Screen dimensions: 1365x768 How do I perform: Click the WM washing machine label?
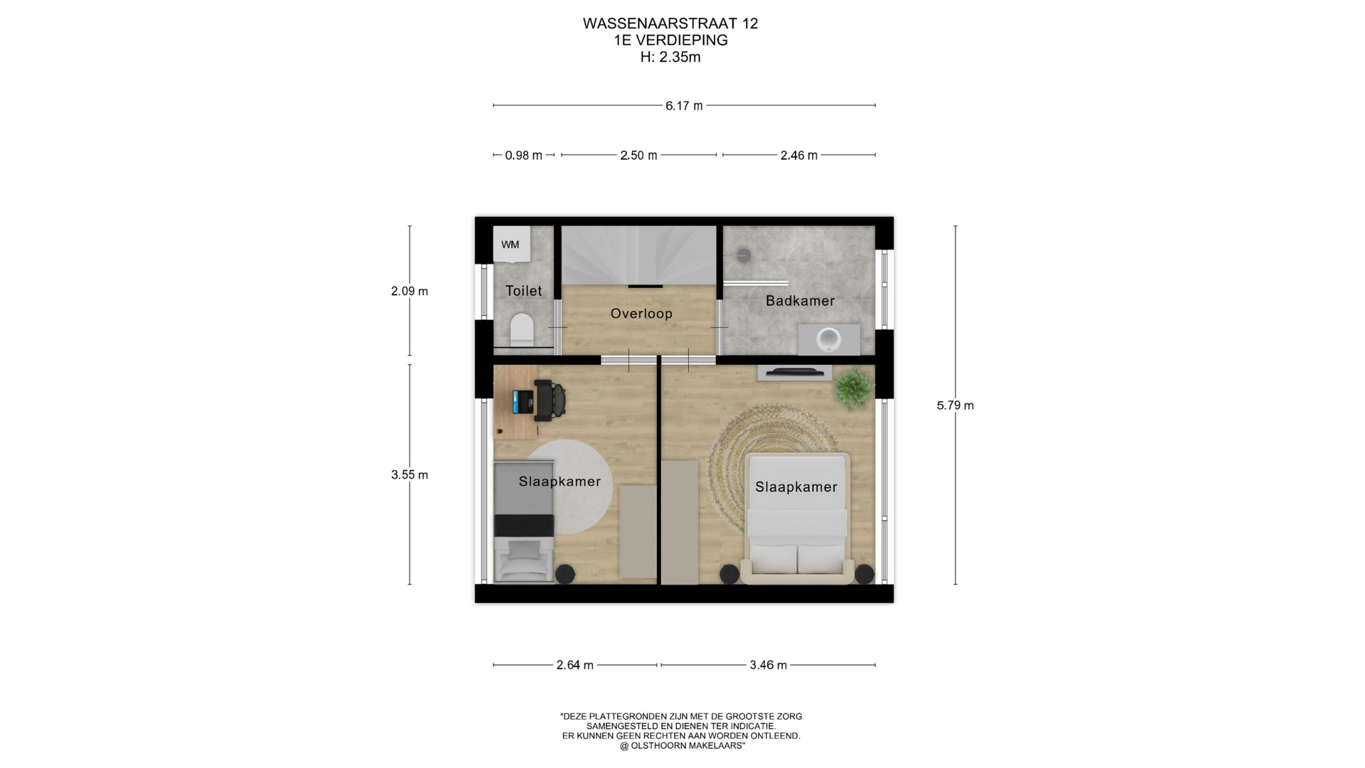[x=510, y=245]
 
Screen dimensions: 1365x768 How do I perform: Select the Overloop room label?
[x=641, y=314]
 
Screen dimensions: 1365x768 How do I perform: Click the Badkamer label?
[x=800, y=301]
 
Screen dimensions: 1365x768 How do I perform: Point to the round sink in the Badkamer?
[x=829, y=339]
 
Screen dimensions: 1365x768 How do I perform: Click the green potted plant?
[x=853, y=389]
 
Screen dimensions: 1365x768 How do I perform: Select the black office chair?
[x=550, y=399]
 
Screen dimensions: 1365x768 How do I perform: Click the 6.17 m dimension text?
[x=684, y=106]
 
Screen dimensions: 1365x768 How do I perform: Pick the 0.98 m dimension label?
[x=523, y=155]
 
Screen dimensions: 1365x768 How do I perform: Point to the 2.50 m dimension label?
[x=638, y=155]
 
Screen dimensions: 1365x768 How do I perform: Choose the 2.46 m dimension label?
[x=799, y=155]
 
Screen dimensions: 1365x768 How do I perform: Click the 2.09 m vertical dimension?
[x=409, y=291]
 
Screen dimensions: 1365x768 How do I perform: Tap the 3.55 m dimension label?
[x=409, y=475]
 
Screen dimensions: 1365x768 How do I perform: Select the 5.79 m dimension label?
[x=955, y=405]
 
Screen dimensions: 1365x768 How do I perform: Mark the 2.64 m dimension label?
[x=574, y=666]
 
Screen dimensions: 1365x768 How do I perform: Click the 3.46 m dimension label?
[x=768, y=666]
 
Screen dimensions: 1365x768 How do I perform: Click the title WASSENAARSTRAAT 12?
[x=670, y=23]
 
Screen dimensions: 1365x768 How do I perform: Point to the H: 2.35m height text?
[x=670, y=58]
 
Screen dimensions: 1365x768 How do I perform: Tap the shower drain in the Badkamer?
[x=743, y=254]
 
